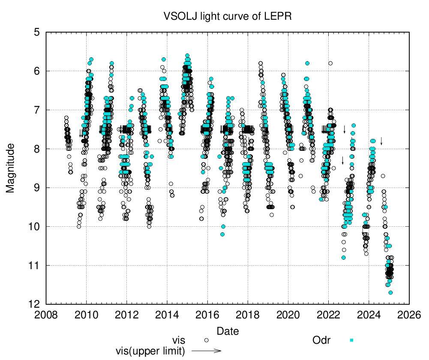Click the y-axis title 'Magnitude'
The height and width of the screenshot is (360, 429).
click(x=10, y=168)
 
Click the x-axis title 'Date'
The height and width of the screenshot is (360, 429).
click(x=228, y=331)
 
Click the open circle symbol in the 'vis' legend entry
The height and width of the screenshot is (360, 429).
click(x=206, y=340)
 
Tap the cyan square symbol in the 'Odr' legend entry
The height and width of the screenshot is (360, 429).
click(x=351, y=340)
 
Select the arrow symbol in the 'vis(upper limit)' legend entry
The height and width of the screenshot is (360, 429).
click(x=206, y=351)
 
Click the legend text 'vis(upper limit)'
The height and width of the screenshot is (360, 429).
click(x=150, y=351)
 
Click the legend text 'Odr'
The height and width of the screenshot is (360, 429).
click(x=321, y=340)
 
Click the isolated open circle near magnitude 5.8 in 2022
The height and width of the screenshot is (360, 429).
click(x=330, y=63)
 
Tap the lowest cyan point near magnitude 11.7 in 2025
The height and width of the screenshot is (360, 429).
click(x=390, y=293)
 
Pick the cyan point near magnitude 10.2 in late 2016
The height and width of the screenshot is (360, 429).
click(x=222, y=234)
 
